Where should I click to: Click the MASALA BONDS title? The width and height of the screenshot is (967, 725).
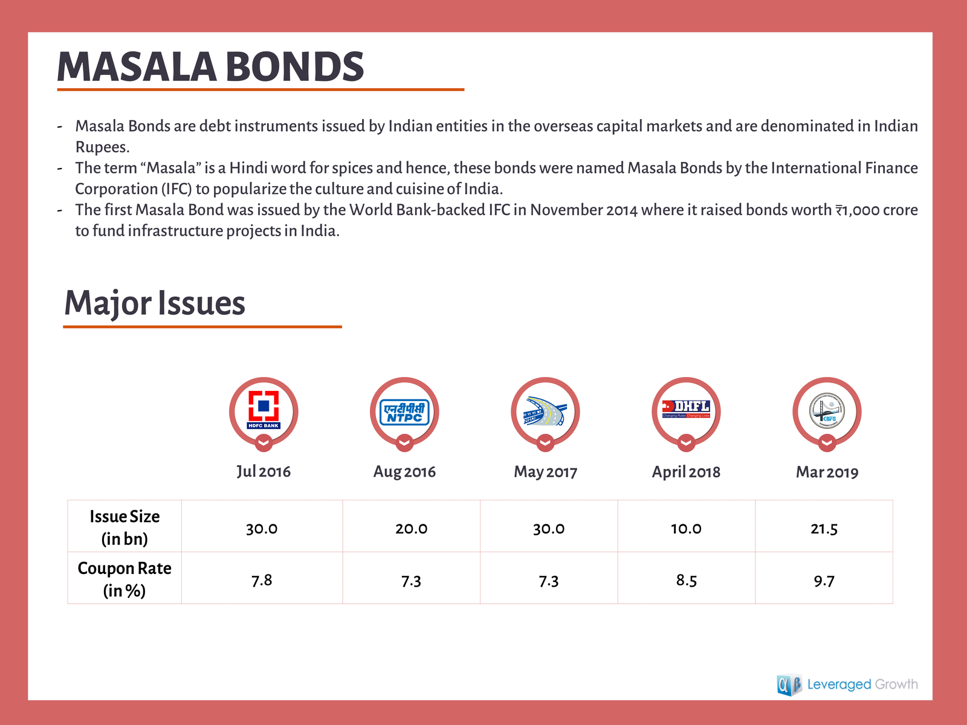[x=210, y=66]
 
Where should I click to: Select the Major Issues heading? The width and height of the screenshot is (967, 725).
[x=155, y=303]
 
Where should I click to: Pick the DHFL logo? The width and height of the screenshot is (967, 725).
[x=686, y=409]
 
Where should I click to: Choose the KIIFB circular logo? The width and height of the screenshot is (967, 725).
[x=827, y=411]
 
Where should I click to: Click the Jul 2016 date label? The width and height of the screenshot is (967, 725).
[x=264, y=471]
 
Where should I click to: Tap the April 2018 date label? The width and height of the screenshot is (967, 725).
[x=686, y=472]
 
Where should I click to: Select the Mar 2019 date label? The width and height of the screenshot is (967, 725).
[x=827, y=472]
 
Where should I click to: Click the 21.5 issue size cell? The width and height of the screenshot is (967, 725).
[x=824, y=529]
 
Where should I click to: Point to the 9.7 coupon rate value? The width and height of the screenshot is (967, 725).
[x=824, y=581]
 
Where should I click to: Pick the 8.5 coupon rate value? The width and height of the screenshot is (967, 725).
[x=686, y=580]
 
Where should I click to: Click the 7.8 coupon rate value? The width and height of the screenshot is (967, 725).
[x=262, y=580]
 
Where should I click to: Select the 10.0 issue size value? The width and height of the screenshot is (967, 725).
[x=686, y=529]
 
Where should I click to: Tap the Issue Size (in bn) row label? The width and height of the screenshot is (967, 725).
[x=125, y=527]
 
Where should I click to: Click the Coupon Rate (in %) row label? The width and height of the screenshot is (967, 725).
[x=125, y=579]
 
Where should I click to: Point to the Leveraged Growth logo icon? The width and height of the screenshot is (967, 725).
[x=789, y=685]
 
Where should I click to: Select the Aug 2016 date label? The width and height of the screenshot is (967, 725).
[x=404, y=471]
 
